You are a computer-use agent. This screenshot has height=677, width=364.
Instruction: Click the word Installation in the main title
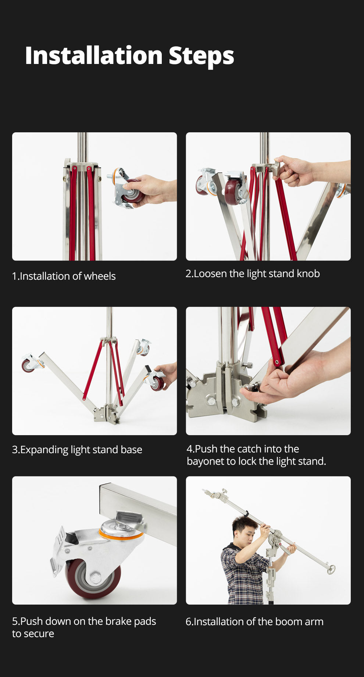[94, 56]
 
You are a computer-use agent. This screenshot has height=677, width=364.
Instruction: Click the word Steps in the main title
[201, 56]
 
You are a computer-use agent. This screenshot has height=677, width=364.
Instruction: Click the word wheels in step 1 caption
[100, 276]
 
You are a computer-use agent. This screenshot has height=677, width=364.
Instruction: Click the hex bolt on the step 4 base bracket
[211, 400]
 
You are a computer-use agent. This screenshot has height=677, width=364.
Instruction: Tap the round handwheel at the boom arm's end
[331, 569]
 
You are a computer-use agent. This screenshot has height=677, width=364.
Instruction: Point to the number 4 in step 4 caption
[189, 449]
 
